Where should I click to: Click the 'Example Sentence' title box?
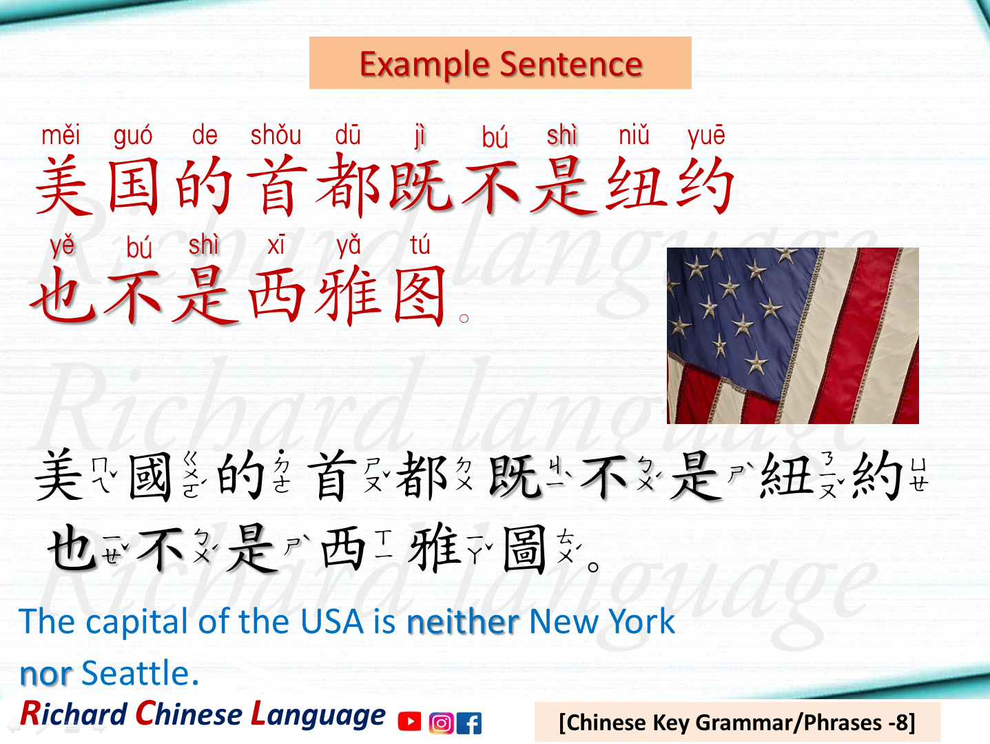pos(500,63)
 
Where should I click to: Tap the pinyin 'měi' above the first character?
pos(61,135)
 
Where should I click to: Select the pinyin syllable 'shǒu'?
pos(276,135)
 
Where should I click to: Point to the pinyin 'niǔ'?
pos(634,135)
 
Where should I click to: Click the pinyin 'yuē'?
pos(706,135)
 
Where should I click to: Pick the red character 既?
pos(420,185)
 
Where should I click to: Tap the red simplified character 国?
pos(134,185)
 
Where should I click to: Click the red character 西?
pos(276,296)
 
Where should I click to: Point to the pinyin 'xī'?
pos(276,245)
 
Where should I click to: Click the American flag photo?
pos(792,335)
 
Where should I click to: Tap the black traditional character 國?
pos(150,476)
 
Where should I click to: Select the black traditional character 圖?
pos(524,549)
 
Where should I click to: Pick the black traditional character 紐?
pos(786,476)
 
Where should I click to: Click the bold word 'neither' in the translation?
pos(462,622)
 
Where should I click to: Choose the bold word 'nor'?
pos(45,674)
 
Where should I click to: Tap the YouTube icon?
pos(409,722)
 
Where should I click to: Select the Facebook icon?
pos(470,723)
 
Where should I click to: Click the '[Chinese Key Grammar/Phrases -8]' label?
pos(736,722)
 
